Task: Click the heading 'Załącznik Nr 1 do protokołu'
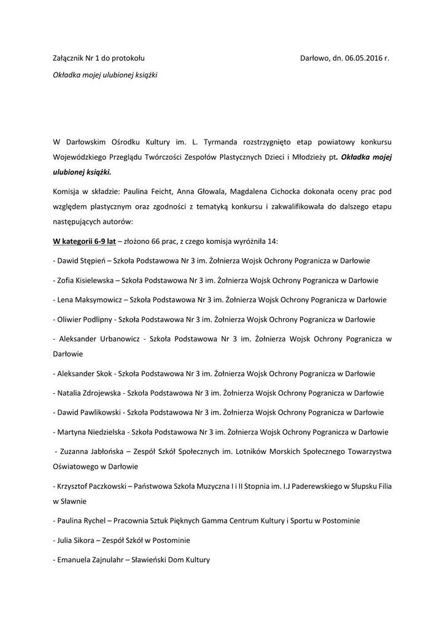click(99, 58)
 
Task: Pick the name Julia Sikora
click(75, 541)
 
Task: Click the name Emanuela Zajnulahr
click(88, 560)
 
